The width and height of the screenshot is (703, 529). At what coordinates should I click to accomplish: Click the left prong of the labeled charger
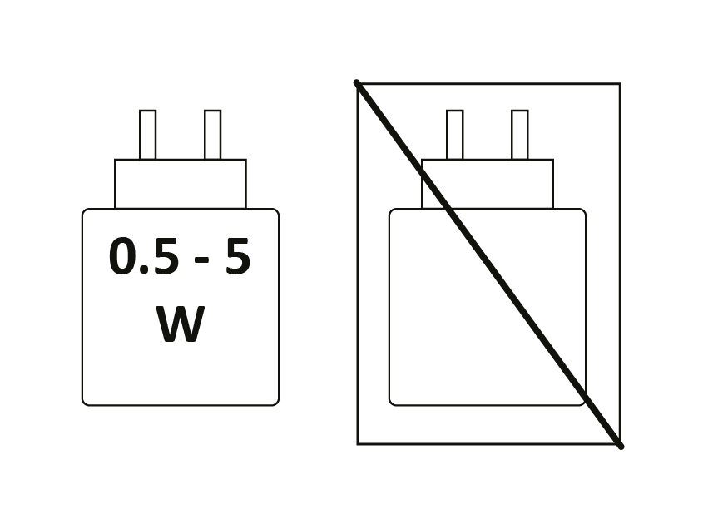(147, 135)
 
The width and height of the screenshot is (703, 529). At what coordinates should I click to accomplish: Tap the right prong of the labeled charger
(212, 135)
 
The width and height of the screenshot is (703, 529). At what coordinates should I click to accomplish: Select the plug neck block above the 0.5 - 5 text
(181, 184)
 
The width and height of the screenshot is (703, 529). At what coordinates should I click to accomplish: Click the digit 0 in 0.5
(122, 255)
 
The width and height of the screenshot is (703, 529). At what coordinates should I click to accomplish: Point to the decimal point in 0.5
(144, 269)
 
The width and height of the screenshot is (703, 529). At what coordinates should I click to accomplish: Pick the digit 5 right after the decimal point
(166, 255)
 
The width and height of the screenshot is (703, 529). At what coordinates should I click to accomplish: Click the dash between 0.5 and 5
(202, 260)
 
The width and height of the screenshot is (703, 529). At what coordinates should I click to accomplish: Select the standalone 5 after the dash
(237, 255)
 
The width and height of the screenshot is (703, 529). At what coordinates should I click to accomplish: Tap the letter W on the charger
(181, 324)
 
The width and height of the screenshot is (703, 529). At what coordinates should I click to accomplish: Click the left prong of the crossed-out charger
(454, 135)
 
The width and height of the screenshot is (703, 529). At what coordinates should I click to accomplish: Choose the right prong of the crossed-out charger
(520, 135)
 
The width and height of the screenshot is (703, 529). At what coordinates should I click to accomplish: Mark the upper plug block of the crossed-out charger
(488, 184)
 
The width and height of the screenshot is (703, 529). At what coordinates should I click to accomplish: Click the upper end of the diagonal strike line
(356, 82)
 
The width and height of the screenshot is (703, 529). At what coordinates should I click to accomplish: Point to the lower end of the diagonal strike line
(621, 447)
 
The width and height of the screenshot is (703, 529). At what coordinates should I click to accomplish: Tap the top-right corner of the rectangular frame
(621, 84)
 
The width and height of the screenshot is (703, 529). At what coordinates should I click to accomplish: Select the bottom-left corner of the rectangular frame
(358, 444)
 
